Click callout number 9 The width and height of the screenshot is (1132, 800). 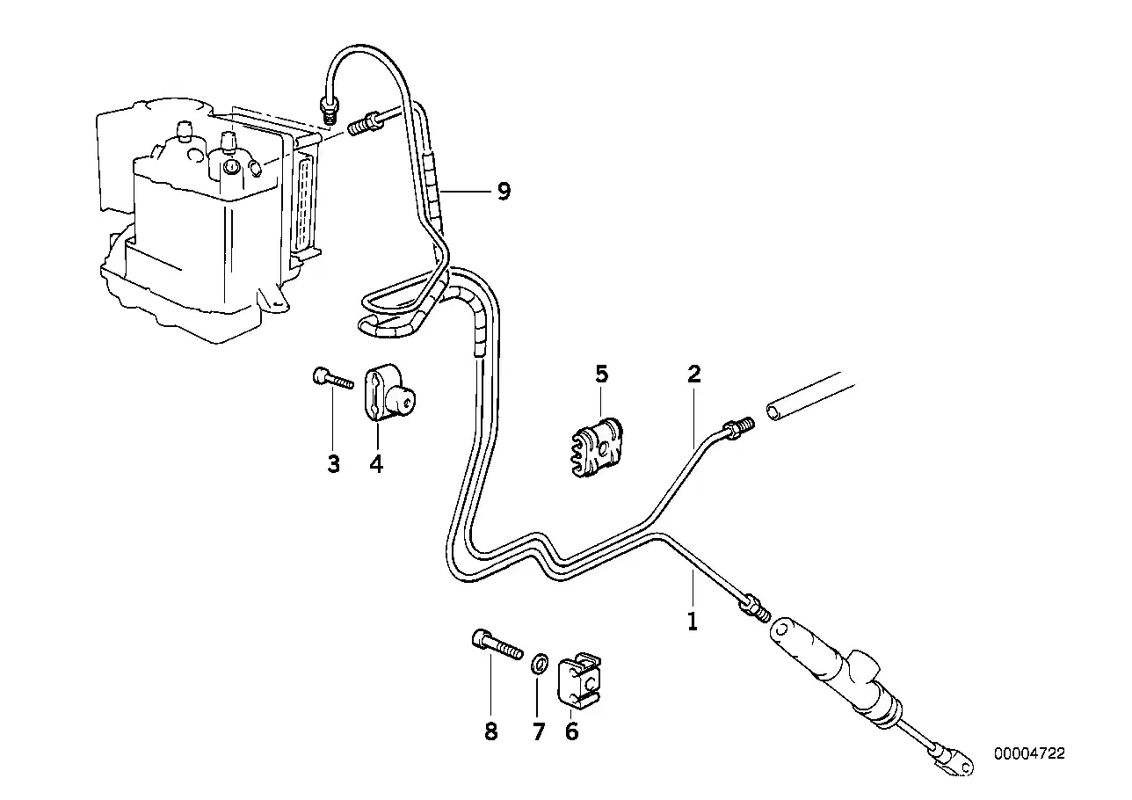[x=503, y=192]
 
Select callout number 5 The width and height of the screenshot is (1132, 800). [x=601, y=374]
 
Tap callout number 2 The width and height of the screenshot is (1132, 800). [x=693, y=374]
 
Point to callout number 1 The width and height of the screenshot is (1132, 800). [x=693, y=622]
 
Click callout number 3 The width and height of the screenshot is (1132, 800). [x=333, y=463]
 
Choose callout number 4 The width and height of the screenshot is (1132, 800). [x=376, y=463]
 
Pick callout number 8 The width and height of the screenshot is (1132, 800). [x=490, y=731]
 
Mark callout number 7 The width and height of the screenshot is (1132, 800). [x=539, y=731]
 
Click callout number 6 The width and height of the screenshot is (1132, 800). [x=572, y=731]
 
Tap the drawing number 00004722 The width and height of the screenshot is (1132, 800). [x=1029, y=753]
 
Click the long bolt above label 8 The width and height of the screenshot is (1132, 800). [x=497, y=645]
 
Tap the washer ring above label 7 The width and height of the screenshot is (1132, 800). [x=541, y=661]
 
